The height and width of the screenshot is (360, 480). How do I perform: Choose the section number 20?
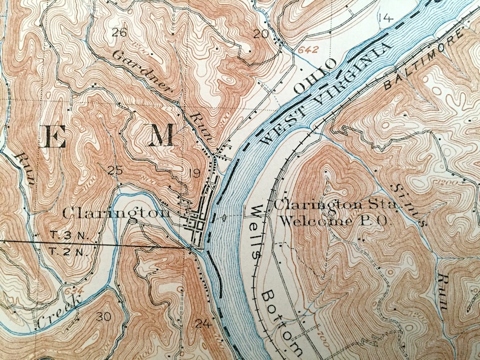(x=260, y=34)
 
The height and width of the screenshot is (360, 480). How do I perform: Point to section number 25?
(x=114, y=170)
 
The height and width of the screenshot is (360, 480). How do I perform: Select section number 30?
(x=103, y=317)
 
